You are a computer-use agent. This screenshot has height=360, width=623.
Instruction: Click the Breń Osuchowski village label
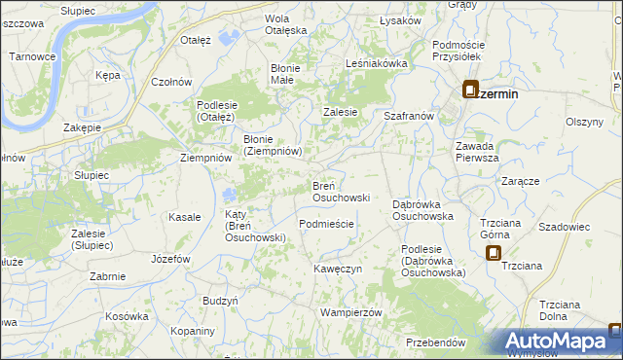point(340,191)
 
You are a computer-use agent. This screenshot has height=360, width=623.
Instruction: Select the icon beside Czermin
point(470,90)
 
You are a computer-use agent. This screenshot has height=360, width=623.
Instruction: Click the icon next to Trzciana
point(494,253)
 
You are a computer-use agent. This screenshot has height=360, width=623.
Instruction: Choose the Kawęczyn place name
point(338,268)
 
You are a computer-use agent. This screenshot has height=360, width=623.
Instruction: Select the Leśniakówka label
point(376,63)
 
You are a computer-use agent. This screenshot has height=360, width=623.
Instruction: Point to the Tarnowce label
point(31,56)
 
